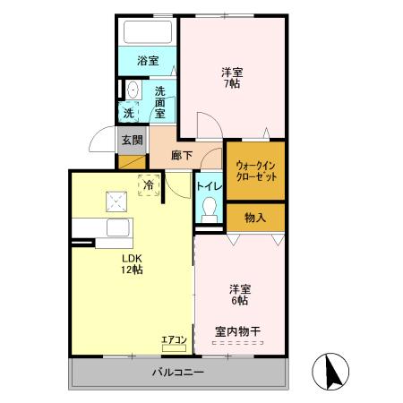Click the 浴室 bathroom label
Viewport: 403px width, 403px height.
pos(149,61)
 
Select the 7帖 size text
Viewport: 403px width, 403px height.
pos(232,84)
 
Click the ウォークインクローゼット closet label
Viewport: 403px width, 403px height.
pos(256,171)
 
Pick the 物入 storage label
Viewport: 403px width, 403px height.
pos(255,217)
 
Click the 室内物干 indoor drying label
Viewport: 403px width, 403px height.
pos(237,332)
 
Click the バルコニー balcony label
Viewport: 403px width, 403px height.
pos(176,373)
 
